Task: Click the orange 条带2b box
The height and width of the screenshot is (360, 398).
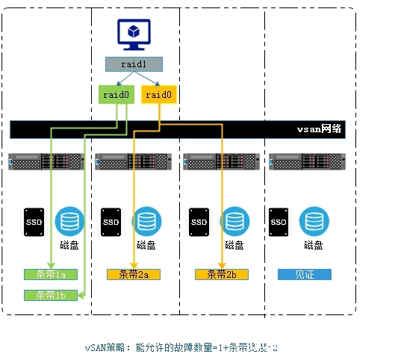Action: tap(221, 275)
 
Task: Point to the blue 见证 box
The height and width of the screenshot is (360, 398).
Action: tap(305, 275)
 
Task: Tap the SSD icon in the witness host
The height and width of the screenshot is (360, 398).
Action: tap(279, 222)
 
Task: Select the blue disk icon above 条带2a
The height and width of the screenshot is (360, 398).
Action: tap(146, 221)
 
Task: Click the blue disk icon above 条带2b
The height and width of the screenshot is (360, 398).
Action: tap(234, 221)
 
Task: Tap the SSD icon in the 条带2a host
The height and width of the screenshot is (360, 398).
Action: tap(111, 222)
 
